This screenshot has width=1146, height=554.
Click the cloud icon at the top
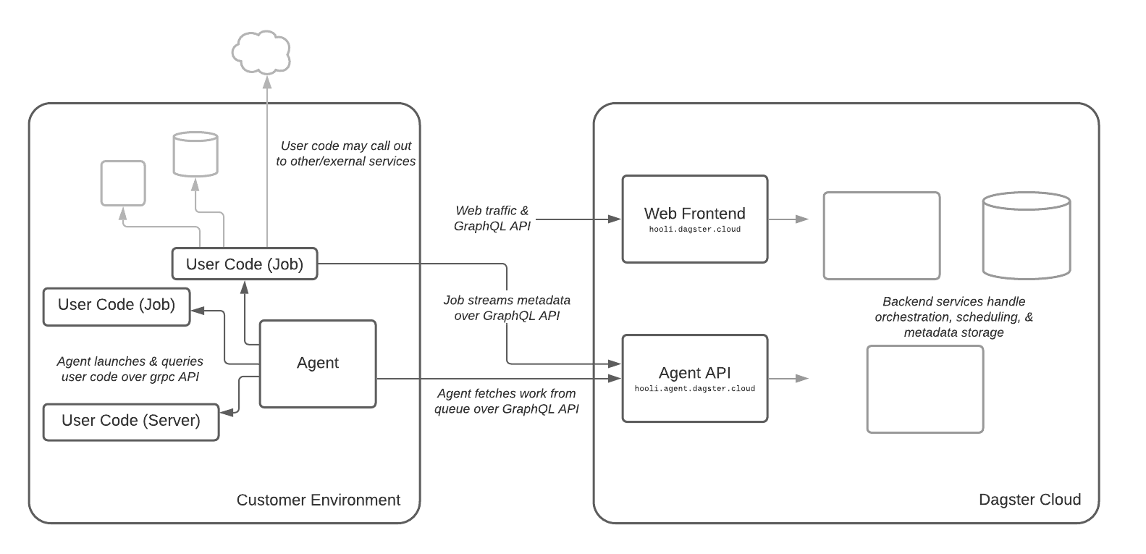[261, 52]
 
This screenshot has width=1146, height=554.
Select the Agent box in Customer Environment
[318, 364]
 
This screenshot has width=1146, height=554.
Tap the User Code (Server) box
[131, 421]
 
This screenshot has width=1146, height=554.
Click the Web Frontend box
[694, 219]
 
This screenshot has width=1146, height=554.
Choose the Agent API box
[694, 378]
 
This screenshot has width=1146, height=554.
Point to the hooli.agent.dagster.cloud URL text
[694, 389]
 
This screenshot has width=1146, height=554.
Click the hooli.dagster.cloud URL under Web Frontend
[694, 230]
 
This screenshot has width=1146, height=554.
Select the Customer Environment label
[318, 500]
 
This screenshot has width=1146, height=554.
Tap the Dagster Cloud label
[1029, 500]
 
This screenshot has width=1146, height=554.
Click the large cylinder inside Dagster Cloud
[1026, 235]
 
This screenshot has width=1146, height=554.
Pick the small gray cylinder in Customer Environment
[195, 154]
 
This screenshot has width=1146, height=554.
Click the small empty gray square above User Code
[123, 183]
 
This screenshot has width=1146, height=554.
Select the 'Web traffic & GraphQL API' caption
[492, 218]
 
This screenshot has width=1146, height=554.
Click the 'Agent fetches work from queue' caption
[507, 401]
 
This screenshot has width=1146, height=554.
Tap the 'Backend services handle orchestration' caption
[953, 316]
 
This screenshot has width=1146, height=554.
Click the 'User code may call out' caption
[345, 154]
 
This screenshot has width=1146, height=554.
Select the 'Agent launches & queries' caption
[130, 369]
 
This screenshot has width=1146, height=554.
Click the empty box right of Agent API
[924, 389]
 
